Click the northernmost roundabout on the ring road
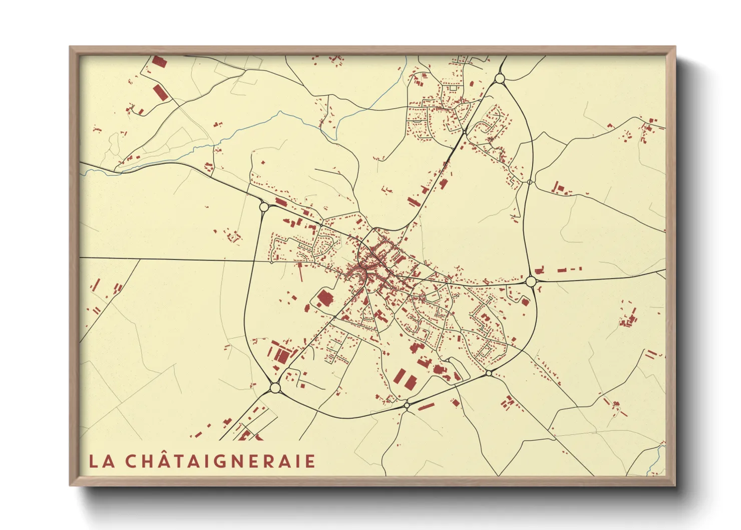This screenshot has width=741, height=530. tap(499, 78)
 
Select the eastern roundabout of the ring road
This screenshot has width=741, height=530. tap(531, 282)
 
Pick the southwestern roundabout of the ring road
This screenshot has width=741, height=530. tap(274, 388)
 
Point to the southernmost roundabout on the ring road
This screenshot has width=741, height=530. tap(407, 404)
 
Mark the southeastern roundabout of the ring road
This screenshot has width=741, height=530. tap(489, 373)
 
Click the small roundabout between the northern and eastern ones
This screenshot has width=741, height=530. tap(530, 182)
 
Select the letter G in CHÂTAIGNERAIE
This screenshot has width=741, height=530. tap(221, 461)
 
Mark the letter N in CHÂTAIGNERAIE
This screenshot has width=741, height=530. tap(240, 461)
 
